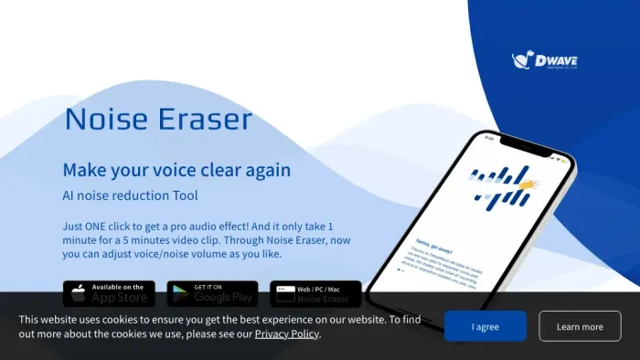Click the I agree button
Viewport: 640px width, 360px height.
485,326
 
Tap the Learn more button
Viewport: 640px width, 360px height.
580,326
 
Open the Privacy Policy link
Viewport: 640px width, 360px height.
286,334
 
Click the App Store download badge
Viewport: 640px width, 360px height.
109,293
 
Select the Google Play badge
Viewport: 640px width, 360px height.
211,293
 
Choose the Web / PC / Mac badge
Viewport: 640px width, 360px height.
315,293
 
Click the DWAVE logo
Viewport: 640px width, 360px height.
545,61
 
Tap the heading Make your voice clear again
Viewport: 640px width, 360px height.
176,170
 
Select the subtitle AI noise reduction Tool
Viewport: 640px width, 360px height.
130,196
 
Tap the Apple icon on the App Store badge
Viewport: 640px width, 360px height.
79,293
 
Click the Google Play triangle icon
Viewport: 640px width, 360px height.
180,293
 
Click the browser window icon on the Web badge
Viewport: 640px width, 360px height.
285,289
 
